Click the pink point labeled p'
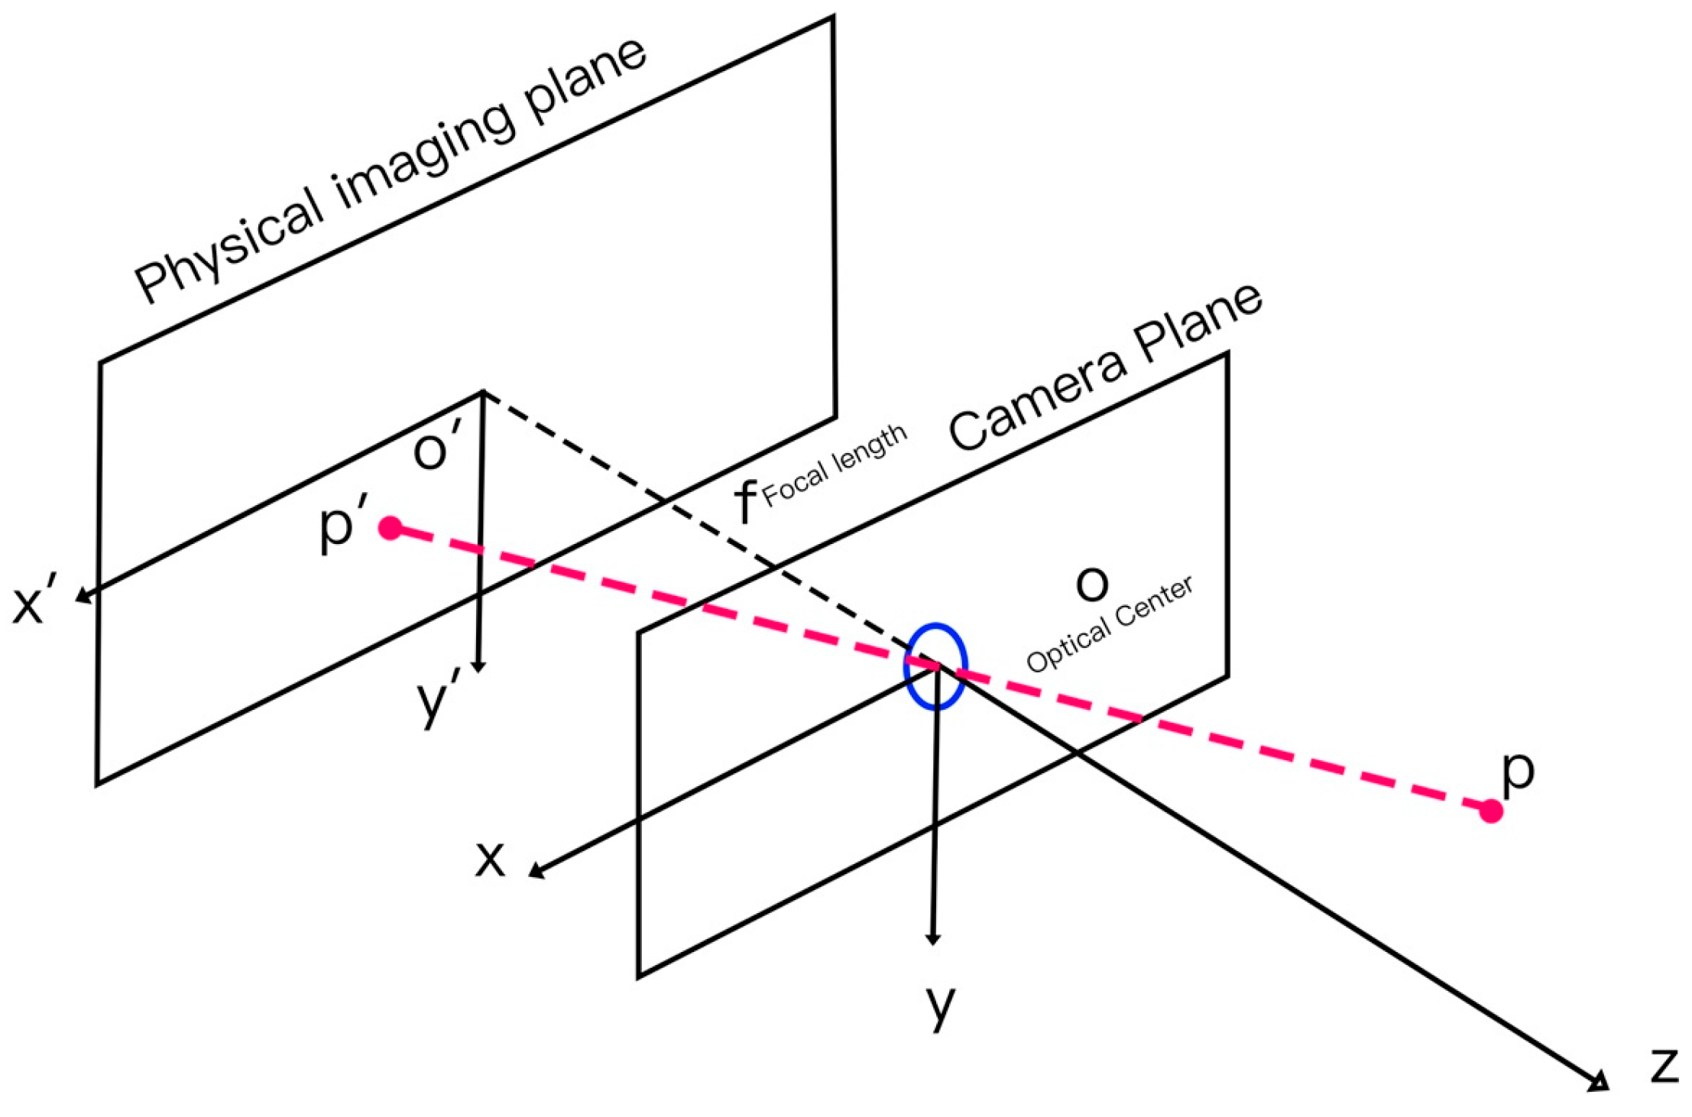(x=391, y=528)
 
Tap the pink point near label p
(x=1491, y=811)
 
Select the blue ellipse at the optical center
(x=935, y=666)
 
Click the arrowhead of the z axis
(x=1599, y=1082)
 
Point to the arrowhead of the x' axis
(x=82, y=596)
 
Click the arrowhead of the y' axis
(x=479, y=666)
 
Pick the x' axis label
(x=31, y=605)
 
